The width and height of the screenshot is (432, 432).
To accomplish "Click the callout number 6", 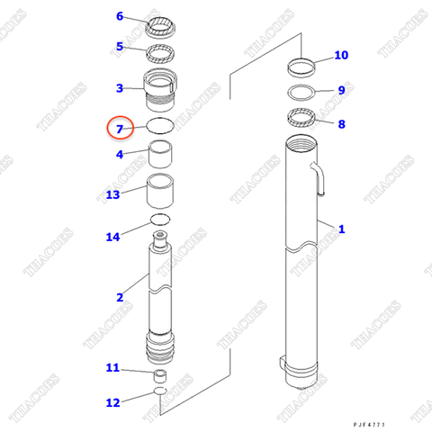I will (120, 16).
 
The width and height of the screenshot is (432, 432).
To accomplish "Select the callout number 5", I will (120, 47).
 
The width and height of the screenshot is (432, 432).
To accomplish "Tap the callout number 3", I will (120, 88).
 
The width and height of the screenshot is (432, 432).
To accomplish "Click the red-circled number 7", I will (120, 130).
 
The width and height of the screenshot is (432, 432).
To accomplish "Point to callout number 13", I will (112, 194).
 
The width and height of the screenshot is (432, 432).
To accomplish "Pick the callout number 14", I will (112, 237).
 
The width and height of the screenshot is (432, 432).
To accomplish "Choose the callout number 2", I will (120, 297).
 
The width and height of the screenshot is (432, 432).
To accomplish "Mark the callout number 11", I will (112, 367).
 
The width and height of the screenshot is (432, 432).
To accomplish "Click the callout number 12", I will (112, 402).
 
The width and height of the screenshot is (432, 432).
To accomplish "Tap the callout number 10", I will (340, 56).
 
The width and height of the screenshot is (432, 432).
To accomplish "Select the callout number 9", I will (340, 90).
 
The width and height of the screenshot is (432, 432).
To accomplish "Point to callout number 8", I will (340, 124).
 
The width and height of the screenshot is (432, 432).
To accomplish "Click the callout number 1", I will (340, 229).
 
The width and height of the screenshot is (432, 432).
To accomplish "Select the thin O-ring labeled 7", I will (160, 126).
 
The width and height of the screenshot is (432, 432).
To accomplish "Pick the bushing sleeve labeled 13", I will (161, 191).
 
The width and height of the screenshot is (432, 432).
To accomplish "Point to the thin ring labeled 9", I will (300, 93).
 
